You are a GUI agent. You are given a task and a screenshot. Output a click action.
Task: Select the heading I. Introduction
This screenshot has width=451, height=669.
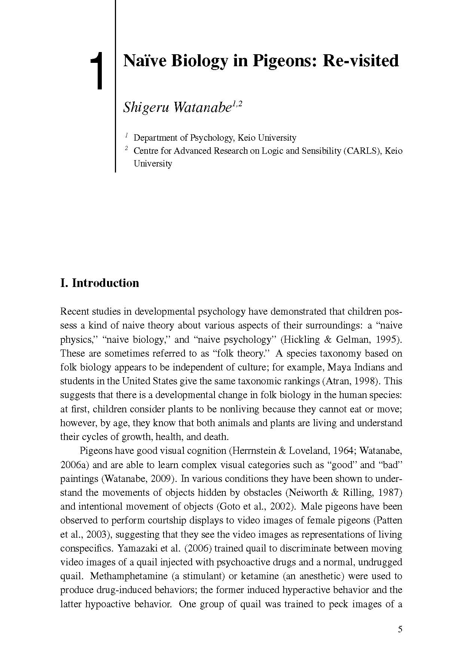pyautogui.click(x=100, y=283)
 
